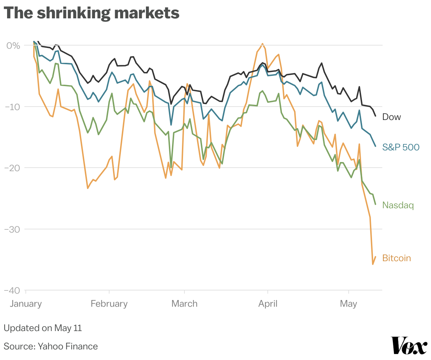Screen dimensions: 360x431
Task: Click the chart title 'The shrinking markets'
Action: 91,13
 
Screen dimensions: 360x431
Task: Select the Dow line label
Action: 391,117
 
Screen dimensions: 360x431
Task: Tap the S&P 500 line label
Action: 401,147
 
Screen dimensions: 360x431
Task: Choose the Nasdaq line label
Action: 398,205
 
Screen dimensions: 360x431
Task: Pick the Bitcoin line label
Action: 396,258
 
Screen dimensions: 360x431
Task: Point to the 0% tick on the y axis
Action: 13,46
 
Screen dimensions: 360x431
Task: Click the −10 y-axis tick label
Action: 12,107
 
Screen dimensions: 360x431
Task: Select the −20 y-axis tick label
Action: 12,168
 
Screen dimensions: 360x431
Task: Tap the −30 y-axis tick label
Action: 12,229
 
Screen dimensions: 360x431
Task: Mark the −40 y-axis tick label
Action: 12,290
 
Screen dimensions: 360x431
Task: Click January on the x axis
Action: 26,304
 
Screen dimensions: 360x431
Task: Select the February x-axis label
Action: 109,304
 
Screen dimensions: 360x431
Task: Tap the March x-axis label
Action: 184,304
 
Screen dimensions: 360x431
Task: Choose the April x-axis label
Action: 268,304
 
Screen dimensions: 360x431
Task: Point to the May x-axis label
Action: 348,304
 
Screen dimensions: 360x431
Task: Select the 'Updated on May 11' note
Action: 43,328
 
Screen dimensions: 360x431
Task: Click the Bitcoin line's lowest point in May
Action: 373,264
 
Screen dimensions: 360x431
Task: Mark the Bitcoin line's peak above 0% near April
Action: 262,44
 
